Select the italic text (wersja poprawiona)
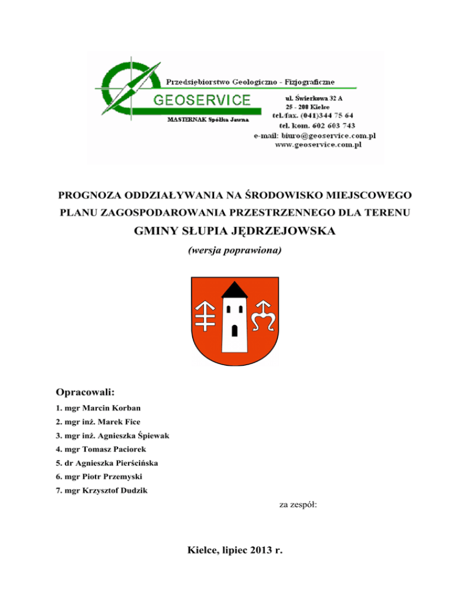pyautogui.click(x=235, y=251)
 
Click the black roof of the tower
pyautogui.click(x=234, y=291)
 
